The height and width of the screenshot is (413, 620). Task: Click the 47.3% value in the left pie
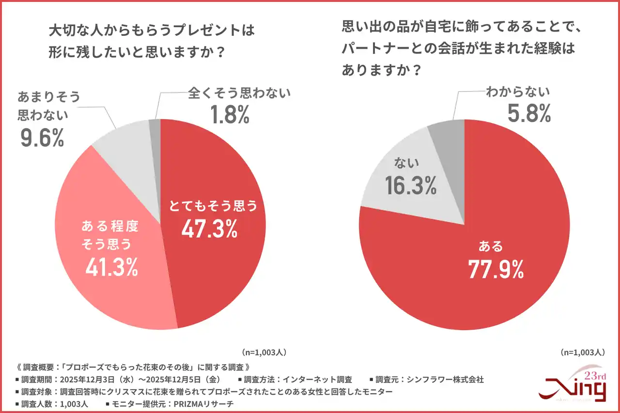(x=209, y=229)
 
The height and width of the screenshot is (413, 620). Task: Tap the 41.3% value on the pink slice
(x=111, y=267)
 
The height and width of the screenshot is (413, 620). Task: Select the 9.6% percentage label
(x=42, y=138)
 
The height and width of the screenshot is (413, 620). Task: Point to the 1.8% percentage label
(x=230, y=114)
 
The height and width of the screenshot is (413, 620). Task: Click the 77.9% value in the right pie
(x=496, y=269)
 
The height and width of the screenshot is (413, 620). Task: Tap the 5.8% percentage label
(x=529, y=113)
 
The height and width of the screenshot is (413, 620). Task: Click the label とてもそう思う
(x=212, y=206)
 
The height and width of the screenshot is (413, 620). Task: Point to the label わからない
(x=518, y=92)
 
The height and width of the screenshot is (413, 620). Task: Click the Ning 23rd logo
(x=574, y=385)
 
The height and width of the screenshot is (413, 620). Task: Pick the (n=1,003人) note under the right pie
(x=582, y=352)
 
